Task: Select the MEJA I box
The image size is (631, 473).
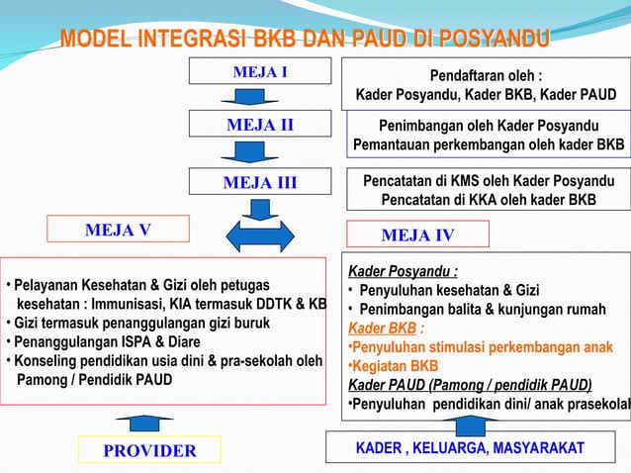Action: point(260,72)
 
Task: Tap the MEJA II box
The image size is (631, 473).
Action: point(260,126)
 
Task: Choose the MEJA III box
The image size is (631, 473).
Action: point(260,182)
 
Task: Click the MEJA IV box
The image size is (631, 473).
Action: point(417,235)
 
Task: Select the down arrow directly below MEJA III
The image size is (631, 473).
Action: point(260,209)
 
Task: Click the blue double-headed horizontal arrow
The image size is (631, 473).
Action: point(260,237)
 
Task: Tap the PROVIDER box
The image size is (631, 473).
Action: point(150,451)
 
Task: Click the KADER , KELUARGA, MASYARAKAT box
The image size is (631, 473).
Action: point(470,449)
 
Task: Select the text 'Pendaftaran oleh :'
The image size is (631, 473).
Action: point(486,75)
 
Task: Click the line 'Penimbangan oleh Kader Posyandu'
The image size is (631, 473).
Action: point(489,126)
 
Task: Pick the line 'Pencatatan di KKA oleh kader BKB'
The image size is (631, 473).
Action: point(489,200)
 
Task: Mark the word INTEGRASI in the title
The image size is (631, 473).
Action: point(184,40)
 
